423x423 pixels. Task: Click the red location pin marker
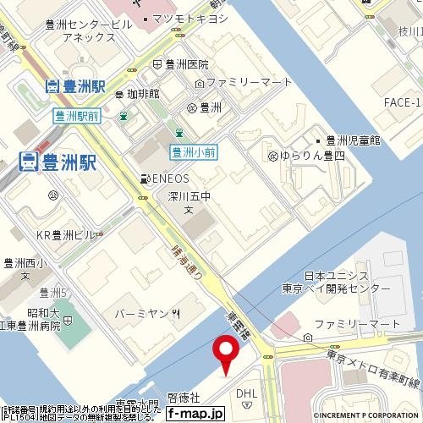[226, 349]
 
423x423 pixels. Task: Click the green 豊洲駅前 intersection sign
[74, 116]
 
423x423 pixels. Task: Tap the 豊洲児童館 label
[354, 140]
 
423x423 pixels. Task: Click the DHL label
[246, 393]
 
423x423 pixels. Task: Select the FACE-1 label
[401, 103]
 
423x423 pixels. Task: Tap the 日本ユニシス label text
[337, 276]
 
